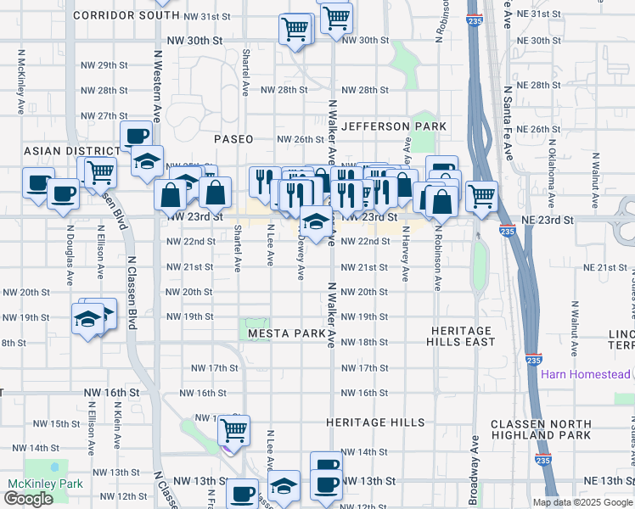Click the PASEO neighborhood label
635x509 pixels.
(233, 138)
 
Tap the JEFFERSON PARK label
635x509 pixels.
(394, 126)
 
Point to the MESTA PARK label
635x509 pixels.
(288, 334)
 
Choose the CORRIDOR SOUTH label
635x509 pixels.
(126, 15)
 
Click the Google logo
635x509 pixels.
(28, 499)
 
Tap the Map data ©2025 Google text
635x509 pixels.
(582, 502)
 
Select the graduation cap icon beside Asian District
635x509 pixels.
(147, 160)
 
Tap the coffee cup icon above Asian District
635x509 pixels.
(136, 134)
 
